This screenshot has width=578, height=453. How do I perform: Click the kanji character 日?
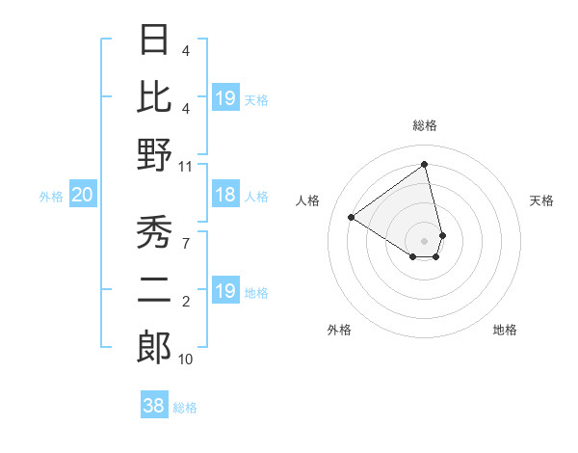tap(154, 40)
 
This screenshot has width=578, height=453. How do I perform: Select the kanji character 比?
tap(154, 97)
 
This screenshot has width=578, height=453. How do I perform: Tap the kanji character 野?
tap(154, 154)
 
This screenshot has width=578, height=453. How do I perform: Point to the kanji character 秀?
tap(154, 232)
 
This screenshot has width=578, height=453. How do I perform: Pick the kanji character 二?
tap(154, 289)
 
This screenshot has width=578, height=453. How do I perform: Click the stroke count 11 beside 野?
tap(185, 166)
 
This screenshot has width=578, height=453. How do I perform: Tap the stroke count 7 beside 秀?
tap(185, 244)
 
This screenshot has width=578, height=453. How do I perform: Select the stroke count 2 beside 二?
tap(185, 302)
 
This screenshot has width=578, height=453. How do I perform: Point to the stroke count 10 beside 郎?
tap(185, 360)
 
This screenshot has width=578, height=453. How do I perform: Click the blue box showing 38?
tap(154, 406)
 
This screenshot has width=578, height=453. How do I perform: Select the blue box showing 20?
tap(83, 196)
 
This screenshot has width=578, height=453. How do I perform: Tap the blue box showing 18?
tap(225, 196)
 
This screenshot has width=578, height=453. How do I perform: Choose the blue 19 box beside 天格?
tap(225, 98)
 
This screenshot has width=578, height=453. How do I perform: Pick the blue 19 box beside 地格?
tap(225, 291)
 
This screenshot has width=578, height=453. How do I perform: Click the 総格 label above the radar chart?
tap(425, 125)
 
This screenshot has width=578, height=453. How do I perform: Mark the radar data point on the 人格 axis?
tap(352, 217)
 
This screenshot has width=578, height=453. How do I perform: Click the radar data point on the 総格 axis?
tap(425, 165)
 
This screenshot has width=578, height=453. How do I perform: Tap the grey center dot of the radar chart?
tap(425, 239)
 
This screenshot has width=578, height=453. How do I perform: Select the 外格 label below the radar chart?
tap(339, 330)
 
